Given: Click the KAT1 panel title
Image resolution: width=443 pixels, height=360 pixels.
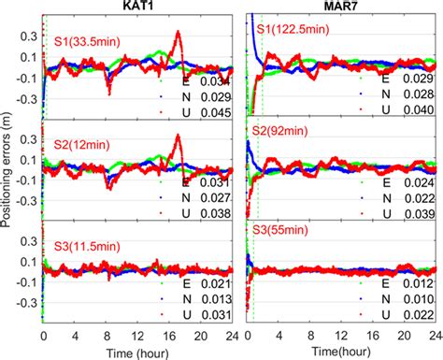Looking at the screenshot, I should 137,7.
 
